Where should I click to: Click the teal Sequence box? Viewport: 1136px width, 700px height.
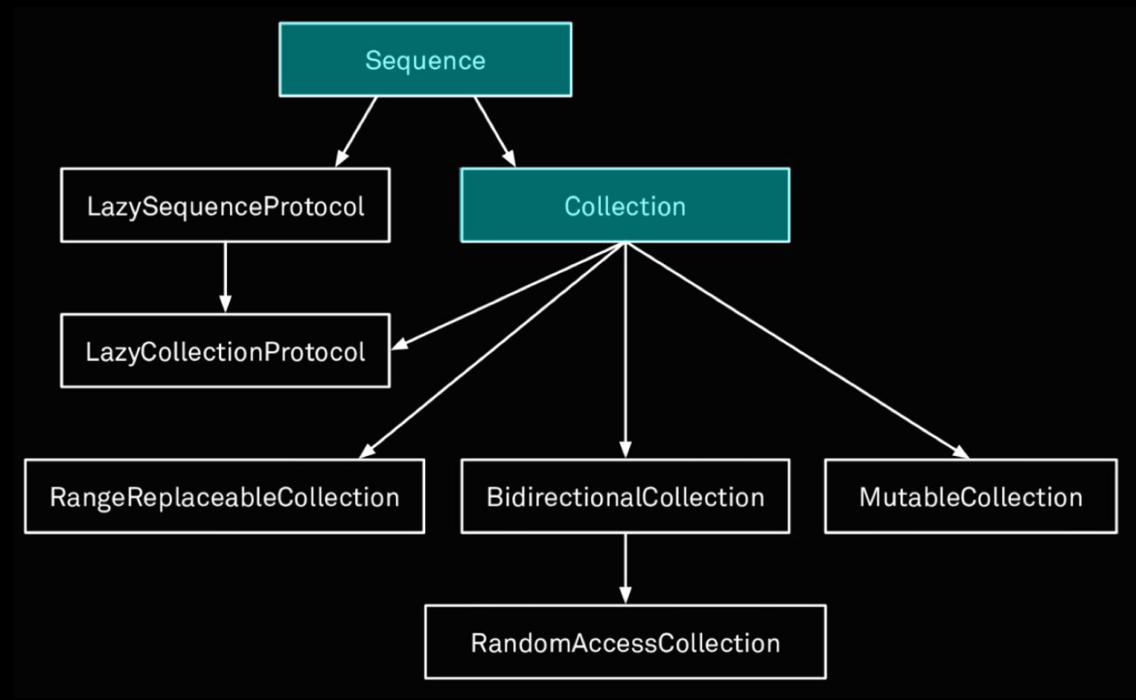425,59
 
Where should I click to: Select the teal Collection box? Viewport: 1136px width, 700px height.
625,205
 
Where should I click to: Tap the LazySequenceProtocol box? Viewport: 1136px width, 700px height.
225,205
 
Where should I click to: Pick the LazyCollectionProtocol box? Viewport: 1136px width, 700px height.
225,350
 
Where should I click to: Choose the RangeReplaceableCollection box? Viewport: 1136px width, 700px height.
225,496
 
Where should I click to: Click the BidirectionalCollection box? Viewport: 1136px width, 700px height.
626,496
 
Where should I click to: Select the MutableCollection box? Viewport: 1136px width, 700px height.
971,496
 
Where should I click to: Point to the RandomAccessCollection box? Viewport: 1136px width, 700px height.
626,641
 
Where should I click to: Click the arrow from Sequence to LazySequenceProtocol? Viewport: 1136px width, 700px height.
356,132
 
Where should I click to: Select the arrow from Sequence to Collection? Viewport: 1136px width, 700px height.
495,132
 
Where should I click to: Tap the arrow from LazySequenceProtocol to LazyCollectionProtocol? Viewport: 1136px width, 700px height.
225,278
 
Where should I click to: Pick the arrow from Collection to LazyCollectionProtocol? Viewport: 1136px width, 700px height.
509,296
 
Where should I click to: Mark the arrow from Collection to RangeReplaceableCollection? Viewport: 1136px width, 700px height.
492,350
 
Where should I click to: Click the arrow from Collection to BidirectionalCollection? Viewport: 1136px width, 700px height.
626,350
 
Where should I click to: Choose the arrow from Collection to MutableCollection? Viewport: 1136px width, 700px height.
797,350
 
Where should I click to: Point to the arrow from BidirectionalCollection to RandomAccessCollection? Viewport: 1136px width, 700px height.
626,569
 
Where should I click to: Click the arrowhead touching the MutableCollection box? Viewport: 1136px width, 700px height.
961,452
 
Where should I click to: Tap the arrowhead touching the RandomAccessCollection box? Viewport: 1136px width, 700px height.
626,595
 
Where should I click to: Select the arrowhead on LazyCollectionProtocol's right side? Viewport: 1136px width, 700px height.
399,345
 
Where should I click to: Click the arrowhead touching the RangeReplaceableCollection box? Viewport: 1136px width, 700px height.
367,452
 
